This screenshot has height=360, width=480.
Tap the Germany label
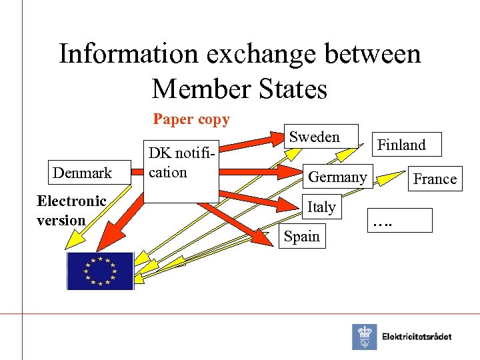337,177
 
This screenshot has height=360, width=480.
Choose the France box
435,179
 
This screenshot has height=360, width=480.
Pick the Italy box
321,207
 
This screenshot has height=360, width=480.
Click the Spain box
301,236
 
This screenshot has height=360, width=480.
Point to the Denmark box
82,173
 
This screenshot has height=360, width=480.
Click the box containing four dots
399,220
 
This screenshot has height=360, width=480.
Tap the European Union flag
100,271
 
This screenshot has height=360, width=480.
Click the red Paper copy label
191,119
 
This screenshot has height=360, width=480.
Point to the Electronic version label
71,210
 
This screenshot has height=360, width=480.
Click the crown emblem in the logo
364,337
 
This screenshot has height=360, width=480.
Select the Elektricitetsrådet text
417,337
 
